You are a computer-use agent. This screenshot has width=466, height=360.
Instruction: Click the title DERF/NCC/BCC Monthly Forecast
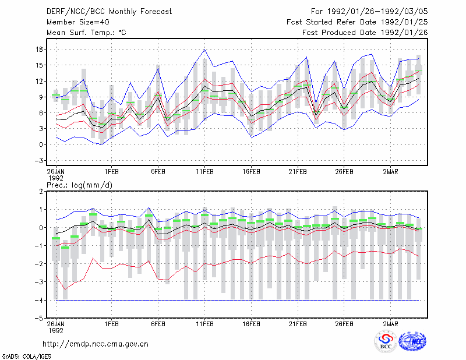pos(109,12)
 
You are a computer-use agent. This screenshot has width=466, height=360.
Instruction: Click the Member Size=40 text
pos(78,22)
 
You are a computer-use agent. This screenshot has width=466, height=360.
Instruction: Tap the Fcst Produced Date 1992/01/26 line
pos(365,33)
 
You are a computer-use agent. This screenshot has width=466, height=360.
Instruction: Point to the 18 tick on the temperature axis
pos(40,50)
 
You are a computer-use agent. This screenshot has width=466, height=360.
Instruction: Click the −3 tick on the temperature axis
pos(38,161)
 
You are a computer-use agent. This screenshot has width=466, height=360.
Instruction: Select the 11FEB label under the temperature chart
pos(204,172)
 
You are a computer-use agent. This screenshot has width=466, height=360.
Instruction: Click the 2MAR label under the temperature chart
pos(390,172)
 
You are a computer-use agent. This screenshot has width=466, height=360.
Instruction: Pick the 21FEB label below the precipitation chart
pos(298,324)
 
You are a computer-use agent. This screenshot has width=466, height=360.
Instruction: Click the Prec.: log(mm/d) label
pos(79,185)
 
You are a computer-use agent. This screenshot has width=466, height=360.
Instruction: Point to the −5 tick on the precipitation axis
pos(38,318)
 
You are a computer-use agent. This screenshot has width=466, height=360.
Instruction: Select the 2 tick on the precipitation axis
pos(41,192)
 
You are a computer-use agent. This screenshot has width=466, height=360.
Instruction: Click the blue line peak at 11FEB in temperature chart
pos(205,50)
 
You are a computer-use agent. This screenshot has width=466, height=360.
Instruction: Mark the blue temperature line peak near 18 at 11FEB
pos(205,50)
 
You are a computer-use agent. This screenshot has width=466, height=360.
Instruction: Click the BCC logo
pos(386,341)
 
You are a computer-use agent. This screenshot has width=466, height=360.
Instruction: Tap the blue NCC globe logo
pos(412,341)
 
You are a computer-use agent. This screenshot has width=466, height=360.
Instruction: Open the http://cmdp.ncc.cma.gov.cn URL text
pos(96,344)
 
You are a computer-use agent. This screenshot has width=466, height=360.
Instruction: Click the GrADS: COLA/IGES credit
pos(26,357)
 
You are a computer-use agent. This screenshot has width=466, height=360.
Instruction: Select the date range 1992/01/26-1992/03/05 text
pos(377,12)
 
